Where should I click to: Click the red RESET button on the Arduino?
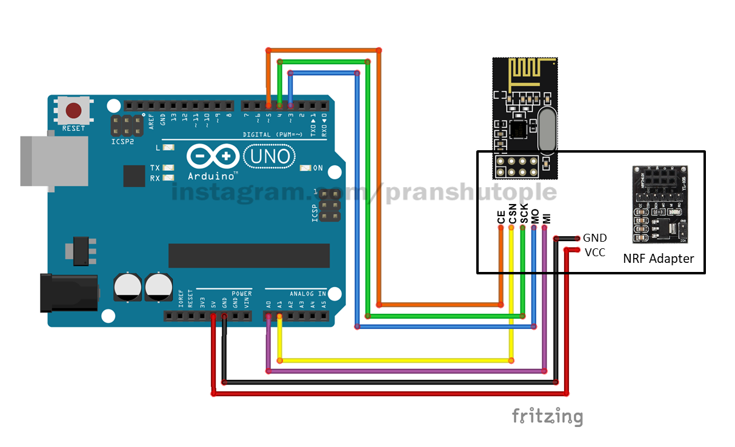pyautogui.click(x=74, y=111)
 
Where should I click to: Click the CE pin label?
pyautogui.click(x=501, y=217)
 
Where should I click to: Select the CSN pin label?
pyautogui.click(x=512, y=216)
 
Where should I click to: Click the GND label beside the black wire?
pyautogui.click(x=594, y=238)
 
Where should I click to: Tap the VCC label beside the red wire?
pyautogui.click(x=594, y=252)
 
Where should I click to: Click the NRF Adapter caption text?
pyautogui.click(x=658, y=259)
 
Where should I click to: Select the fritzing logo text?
pyautogui.click(x=547, y=417)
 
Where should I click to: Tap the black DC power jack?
pyautogui.click(x=68, y=292)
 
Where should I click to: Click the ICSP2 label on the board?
pyautogui.click(x=122, y=142)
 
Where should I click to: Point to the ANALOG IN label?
pyautogui.click(x=308, y=294)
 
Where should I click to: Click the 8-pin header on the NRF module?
pyautogui.click(x=514, y=167)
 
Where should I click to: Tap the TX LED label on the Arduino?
pyautogui.click(x=155, y=168)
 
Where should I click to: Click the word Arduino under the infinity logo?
pyautogui.click(x=212, y=176)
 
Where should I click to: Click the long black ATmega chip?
pyautogui.click(x=248, y=256)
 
